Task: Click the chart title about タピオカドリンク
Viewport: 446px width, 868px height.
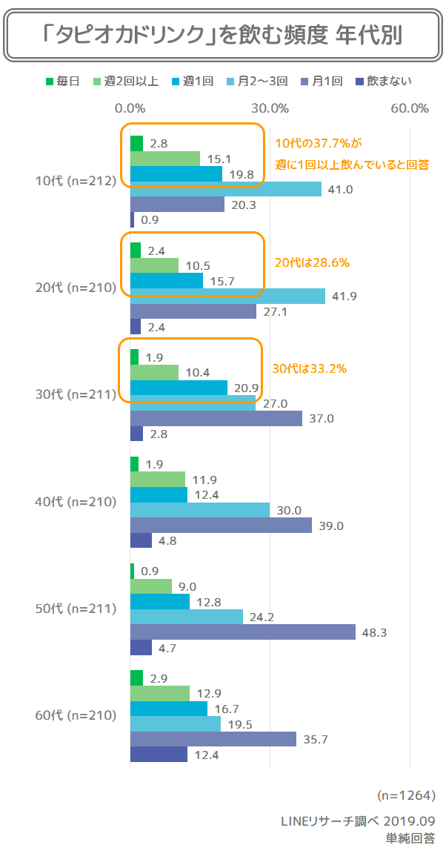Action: (x=223, y=35)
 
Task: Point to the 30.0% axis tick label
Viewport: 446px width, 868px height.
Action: (x=270, y=108)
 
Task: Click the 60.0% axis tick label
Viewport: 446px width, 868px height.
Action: (x=410, y=108)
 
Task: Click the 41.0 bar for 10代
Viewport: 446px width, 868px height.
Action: (x=226, y=189)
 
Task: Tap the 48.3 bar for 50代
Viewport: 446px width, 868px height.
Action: (x=243, y=632)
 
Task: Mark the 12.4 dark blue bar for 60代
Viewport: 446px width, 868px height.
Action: (x=159, y=754)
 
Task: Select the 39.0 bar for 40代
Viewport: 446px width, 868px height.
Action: (x=221, y=526)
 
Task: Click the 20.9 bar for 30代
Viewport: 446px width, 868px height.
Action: (x=179, y=388)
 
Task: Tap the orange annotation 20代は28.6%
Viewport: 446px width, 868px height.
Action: (x=311, y=262)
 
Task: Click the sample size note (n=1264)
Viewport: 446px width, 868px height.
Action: (x=405, y=795)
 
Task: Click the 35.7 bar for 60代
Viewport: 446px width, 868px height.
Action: (x=213, y=739)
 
